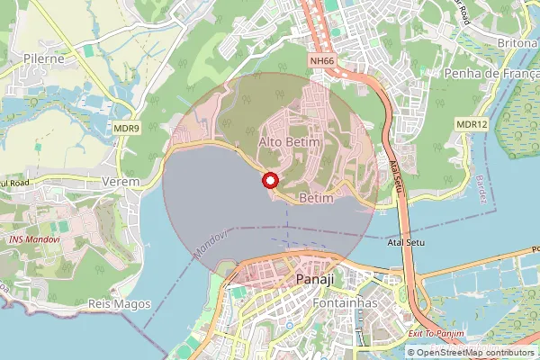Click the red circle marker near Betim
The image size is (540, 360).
[269, 181]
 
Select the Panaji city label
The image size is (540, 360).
[314, 280]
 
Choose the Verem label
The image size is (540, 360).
[121, 181]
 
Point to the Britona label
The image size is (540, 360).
[517, 42]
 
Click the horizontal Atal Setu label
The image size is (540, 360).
[404, 243]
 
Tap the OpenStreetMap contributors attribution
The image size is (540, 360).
[472, 352]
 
